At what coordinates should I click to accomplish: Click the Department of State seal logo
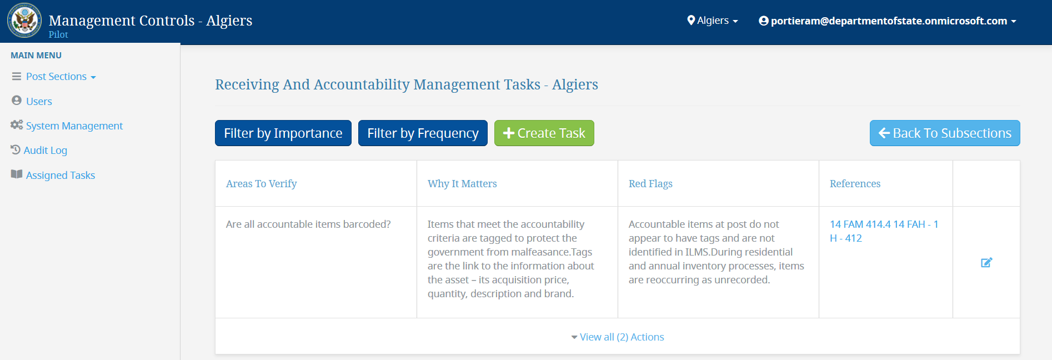coord(24,21)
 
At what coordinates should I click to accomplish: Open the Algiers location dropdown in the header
coord(713,21)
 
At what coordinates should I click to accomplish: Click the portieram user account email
coord(888,21)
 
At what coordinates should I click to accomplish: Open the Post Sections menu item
coord(54,77)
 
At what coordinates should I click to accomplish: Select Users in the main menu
coord(32,101)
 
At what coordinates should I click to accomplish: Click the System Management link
coord(67,126)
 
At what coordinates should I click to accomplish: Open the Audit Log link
coord(39,150)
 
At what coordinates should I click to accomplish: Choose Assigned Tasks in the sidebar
coord(53,175)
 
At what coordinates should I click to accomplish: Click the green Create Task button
coord(544,133)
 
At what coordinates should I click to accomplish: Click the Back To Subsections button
coord(945,133)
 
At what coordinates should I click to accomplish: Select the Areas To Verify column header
coord(262,184)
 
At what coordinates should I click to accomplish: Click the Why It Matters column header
coord(462,184)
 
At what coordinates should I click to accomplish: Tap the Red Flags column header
coord(650,184)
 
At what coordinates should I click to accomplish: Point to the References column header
coord(855,184)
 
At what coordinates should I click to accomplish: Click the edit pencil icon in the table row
coord(986,262)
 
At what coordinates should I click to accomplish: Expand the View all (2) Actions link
coord(618,337)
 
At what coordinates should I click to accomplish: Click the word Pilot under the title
coord(58,34)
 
